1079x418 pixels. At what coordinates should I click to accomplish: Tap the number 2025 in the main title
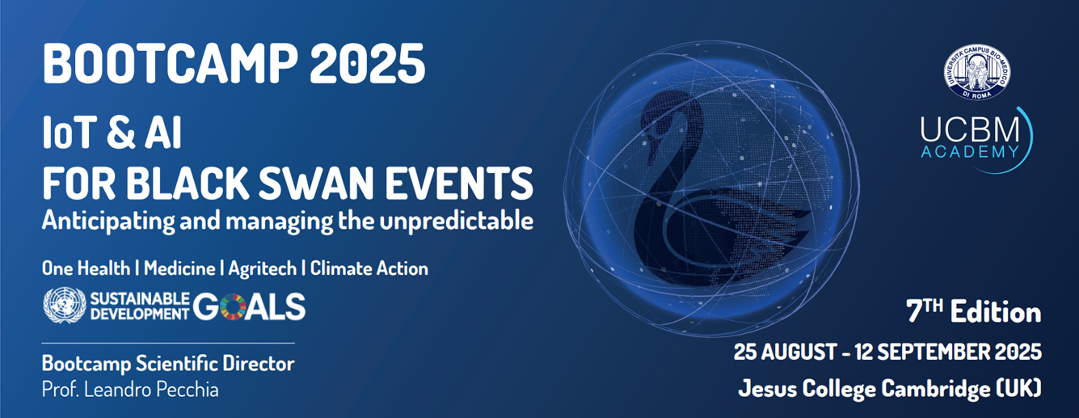[368, 64]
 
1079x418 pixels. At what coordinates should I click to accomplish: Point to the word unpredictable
[456, 222]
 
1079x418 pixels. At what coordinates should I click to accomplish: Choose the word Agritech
[263, 269]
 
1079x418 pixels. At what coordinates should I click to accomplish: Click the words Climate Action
[369, 268]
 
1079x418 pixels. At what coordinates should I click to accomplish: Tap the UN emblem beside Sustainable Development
[65, 306]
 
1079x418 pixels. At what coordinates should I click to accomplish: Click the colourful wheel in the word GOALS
[233, 306]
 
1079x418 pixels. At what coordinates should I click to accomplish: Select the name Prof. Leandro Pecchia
[130, 390]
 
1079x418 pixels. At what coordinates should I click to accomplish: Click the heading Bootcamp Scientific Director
[168, 364]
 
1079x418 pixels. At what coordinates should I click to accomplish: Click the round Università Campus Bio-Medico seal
[977, 72]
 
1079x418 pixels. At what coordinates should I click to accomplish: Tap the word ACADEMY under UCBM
[970, 152]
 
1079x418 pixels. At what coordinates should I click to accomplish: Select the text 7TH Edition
[973, 312]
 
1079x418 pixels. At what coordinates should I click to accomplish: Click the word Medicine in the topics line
[179, 268]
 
